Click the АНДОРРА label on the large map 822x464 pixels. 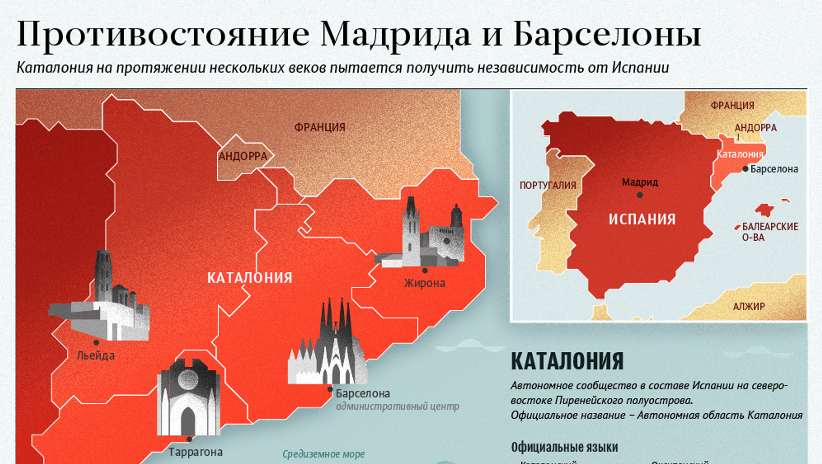(x=243, y=156)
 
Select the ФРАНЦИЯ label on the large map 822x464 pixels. (x=320, y=127)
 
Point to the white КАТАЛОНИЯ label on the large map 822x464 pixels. (x=250, y=278)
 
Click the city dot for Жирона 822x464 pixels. (x=425, y=270)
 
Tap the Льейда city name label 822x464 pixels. (x=96, y=355)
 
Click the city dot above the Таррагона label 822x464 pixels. (x=189, y=439)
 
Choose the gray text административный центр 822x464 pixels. (x=397, y=406)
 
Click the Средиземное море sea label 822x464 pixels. (x=323, y=454)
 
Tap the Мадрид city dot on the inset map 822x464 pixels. (x=640, y=195)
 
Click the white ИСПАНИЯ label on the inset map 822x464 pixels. (x=642, y=219)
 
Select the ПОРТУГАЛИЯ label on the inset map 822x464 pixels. (x=547, y=185)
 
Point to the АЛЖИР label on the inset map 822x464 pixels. (x=749, y=307)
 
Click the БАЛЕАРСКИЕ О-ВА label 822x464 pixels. (x=770, y=232)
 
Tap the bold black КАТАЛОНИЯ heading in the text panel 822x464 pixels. (x=567, y=361)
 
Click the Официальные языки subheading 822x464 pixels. (x=564, y=447)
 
